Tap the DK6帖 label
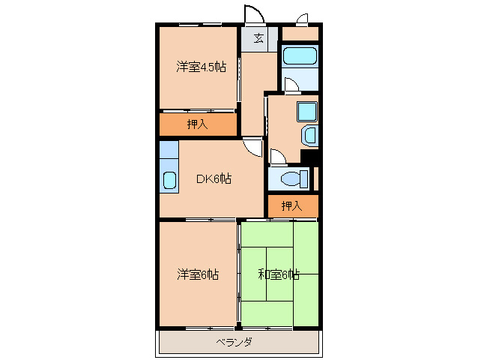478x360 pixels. tap(214, 178)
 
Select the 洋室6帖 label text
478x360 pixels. tap(198, 274)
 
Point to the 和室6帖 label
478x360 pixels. tap(279, 274)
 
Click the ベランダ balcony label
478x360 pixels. tap(234, 342)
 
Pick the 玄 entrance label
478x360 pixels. tap(258, 39)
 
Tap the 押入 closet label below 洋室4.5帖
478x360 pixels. tap(197, 124)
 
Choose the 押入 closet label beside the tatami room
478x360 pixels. tap(292, 205)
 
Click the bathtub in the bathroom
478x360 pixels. tap(300, 56)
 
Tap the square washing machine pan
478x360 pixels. tap(307, 111)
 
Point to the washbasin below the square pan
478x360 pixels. tap(310, 136)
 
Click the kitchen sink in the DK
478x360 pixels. tap(169, 180)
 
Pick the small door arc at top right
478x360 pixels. tap(303, 19)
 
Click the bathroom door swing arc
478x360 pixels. tap(291, 85)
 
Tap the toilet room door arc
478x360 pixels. tap(277, 157)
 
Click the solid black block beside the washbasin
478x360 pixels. tap(309, 157)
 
